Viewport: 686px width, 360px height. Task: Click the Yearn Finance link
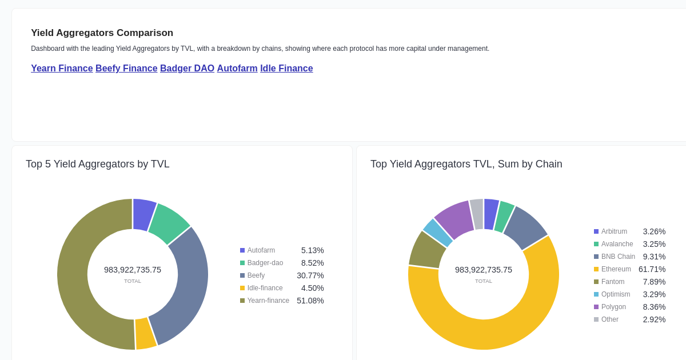62,69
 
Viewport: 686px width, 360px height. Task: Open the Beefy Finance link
126,69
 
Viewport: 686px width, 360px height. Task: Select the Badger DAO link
187,69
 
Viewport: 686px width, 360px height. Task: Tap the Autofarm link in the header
237,69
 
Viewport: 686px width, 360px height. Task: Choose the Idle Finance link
286,69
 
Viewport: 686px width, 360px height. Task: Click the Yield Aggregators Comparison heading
102,33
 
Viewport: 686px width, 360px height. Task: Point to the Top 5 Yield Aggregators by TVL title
98,164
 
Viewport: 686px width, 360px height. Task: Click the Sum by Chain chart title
466,164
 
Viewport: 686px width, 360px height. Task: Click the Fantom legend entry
612,282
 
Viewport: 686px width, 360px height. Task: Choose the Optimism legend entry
615,294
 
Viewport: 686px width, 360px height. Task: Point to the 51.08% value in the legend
310,301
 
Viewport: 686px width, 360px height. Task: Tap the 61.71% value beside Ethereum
652,269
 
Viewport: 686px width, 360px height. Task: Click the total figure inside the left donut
133,270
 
